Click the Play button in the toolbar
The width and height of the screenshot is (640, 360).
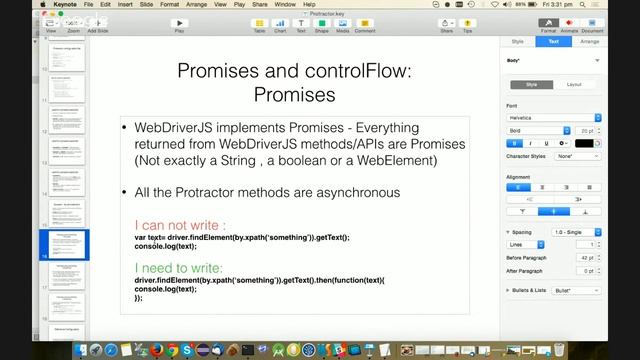click(179, 23)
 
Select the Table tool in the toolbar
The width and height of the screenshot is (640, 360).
click(259, 23)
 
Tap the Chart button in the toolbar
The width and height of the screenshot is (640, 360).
click(281, 23)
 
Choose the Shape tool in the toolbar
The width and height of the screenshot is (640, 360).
click(322, 23)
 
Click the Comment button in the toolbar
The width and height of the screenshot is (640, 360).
click(365, 23)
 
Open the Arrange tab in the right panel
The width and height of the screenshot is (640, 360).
click(589, 42)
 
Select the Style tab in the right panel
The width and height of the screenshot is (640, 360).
click(517, 42)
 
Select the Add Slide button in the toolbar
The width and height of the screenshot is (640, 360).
click(98, 23)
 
